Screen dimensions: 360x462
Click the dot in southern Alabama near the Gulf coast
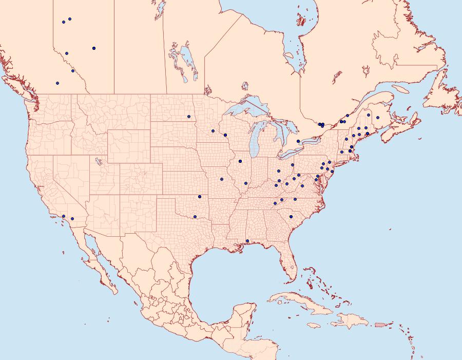coord(247,241)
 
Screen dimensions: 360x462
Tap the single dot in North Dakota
coord(189,116)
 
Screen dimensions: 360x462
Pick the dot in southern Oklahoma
coord(195,216)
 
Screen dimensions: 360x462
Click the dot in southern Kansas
coord(200,197)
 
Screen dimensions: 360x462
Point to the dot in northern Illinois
coord(240,162)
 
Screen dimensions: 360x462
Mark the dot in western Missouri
coord(222,179)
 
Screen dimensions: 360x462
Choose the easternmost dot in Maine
coord(378,118)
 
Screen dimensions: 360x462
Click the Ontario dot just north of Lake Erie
coord(298,141)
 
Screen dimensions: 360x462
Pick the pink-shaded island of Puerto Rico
coord(380,324)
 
